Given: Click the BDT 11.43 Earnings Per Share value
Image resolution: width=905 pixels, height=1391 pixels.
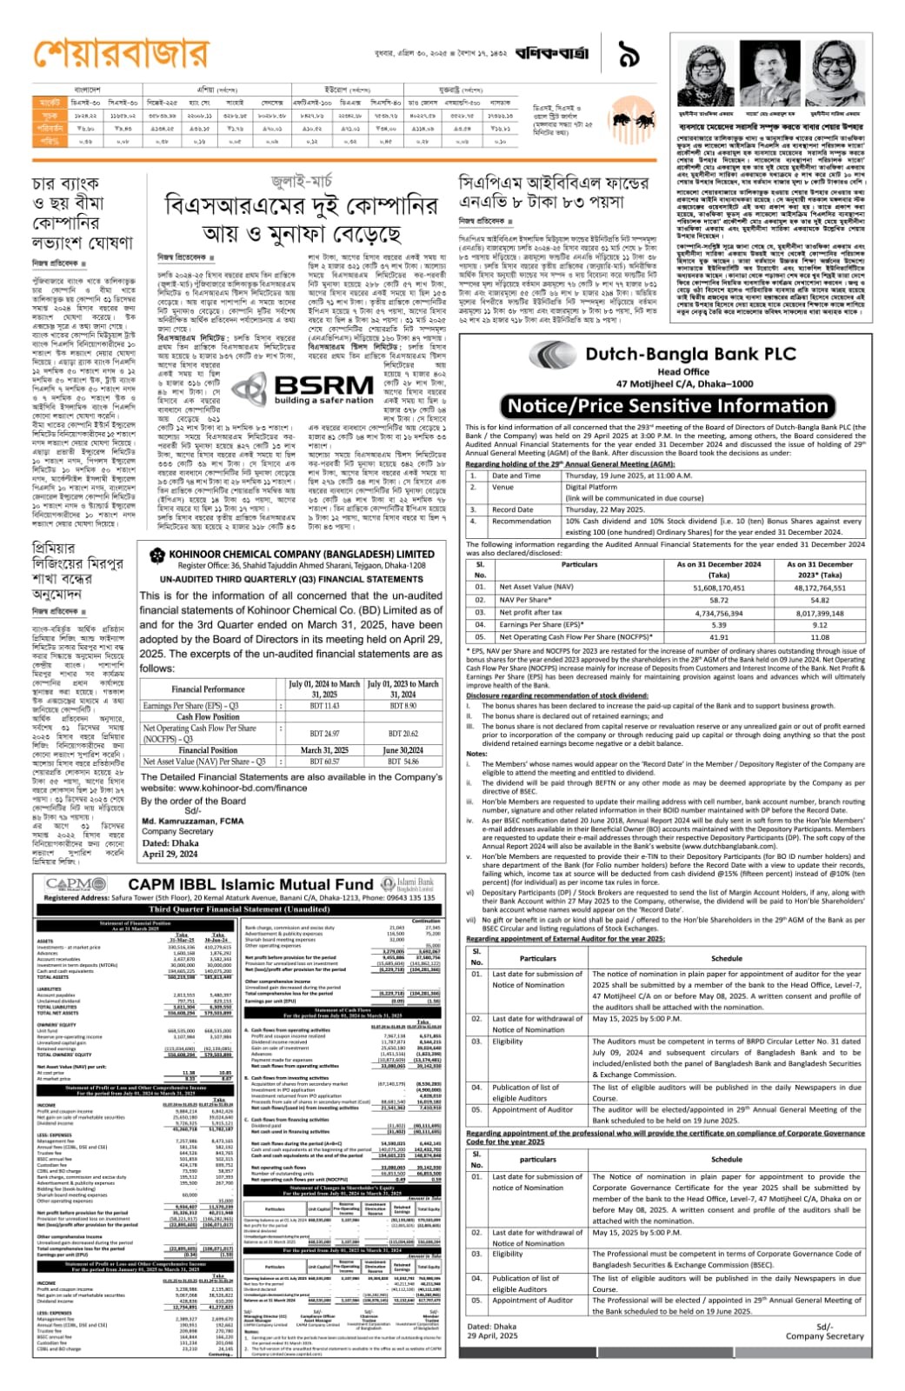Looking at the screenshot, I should click(325, 706).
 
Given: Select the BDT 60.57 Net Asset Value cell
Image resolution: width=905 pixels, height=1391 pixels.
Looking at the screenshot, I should click(325, 762).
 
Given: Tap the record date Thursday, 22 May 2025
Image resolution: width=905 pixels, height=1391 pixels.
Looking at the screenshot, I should click(604, 509).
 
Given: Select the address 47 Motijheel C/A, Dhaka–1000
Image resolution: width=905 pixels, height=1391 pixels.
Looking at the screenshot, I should click(684, 383).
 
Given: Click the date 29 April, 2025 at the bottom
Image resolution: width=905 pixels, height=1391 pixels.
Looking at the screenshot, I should click(492, 1336).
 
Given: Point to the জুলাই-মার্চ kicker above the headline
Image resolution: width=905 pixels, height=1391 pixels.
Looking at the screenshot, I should click(301, 182).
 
